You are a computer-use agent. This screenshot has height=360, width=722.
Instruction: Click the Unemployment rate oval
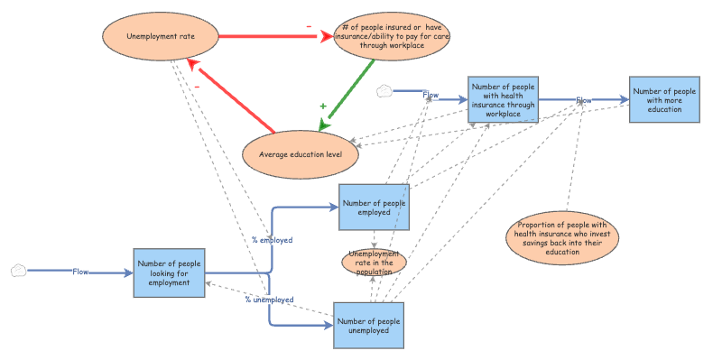click(160, 37)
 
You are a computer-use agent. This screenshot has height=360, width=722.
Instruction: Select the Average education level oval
click(301, 153)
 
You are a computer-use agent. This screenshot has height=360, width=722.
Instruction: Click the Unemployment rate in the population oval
click(374, 263)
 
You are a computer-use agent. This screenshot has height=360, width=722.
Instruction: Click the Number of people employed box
click(374, 207)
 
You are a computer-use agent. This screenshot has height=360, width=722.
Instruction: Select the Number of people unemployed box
click(368, 325)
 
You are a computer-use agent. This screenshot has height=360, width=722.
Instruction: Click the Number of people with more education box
click(664, 99)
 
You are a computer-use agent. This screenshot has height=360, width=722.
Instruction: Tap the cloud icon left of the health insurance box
click(384, 90)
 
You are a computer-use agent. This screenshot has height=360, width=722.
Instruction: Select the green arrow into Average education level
click(347, 94)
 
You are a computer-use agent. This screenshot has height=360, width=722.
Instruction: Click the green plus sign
click(323, 106)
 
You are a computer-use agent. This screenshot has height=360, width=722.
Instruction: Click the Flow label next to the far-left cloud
click(80, 272)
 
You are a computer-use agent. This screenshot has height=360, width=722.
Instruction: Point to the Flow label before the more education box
click(584, 100)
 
